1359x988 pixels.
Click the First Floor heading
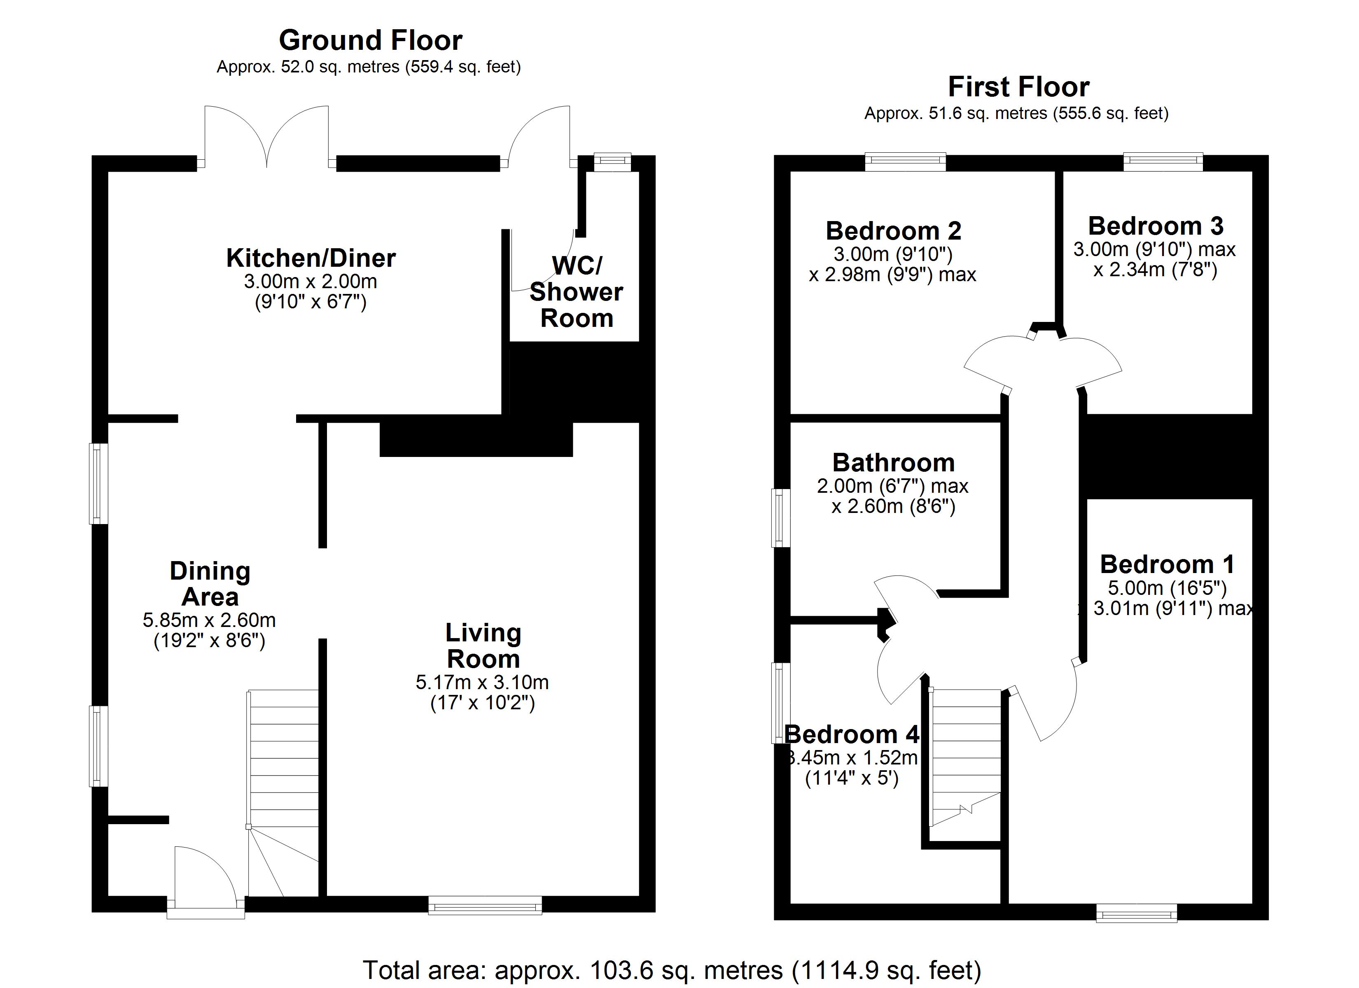coord(1019,87)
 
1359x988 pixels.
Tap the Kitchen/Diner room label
coord(311,258)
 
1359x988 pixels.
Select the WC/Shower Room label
coord(577,292)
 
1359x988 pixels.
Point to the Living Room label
coord(483,646)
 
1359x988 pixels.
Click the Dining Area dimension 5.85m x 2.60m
coord(209,620)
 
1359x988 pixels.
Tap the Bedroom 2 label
coord(893,231)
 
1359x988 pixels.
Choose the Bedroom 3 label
coord(1155,226)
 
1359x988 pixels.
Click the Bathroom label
coord(893,463)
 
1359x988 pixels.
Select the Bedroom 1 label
coord(1167,564)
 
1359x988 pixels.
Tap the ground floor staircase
coord(283,793)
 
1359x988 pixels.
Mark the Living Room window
coord(485,905)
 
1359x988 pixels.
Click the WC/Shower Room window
coord(612,162)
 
